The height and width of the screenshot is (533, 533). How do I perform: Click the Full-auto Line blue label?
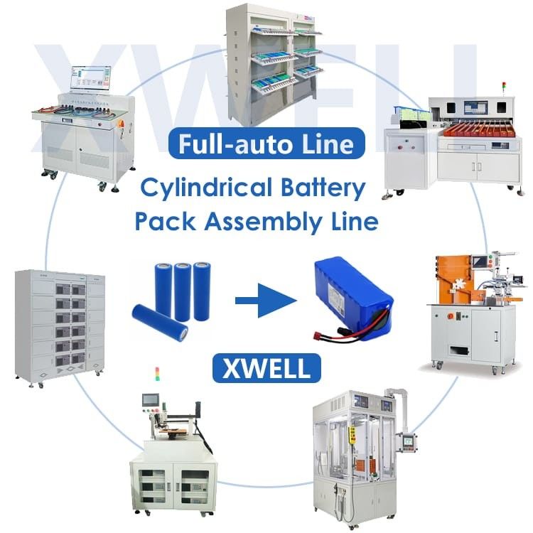(x=266, y=144)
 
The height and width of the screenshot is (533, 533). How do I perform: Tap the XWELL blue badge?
(x=266, y=369)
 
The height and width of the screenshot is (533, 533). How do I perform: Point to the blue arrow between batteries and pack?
(x=265, y=303)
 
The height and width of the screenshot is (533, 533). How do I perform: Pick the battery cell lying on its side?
(x=160, y=323)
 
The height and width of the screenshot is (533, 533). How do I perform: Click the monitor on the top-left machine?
(x=90, y=80)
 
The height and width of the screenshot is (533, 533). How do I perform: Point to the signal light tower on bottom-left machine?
(x=157, y=375)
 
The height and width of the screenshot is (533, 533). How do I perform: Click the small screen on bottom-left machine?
(x=151, y=399)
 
